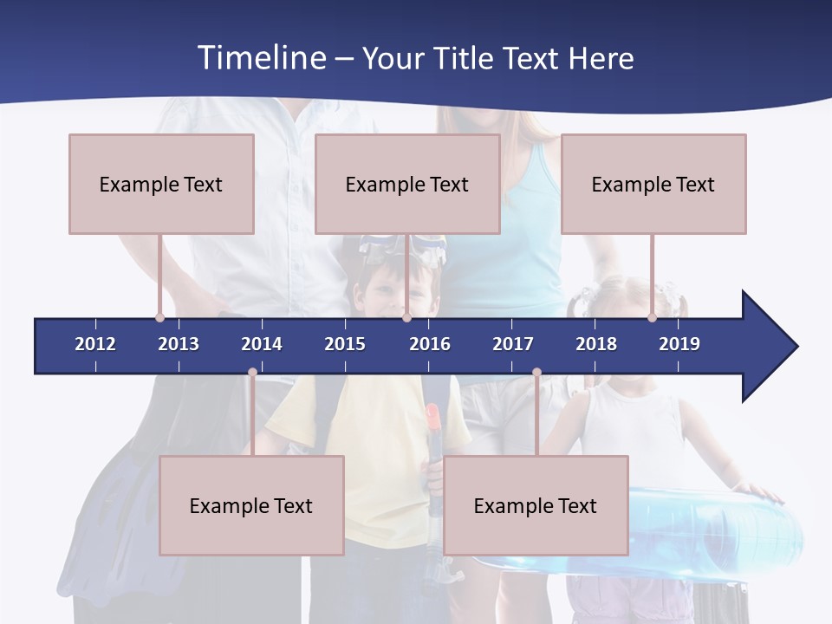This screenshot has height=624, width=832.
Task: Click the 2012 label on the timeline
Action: (95, 344)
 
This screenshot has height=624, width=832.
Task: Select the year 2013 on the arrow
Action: (179, 344)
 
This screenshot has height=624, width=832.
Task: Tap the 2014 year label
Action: (262, 344)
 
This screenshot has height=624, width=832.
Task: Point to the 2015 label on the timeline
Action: (345, 344)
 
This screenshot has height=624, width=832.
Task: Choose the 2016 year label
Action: (430, 344)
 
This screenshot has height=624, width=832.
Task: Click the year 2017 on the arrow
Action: (513, 344)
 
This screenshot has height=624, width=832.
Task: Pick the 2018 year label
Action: (596, 344)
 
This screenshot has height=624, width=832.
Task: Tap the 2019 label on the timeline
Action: (679, 344)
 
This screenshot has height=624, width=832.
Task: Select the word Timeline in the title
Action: (262, 58)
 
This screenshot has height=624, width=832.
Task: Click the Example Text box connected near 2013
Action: (161, 184)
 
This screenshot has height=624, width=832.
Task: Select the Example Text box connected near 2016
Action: (407, 184)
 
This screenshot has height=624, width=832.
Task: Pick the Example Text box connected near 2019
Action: (653, 184)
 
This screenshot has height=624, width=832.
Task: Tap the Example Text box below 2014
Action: (251, 505)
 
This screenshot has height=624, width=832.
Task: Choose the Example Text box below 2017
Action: (536, 505)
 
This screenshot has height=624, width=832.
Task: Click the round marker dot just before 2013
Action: (159, 317)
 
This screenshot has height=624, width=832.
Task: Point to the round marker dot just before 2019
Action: (652, 317)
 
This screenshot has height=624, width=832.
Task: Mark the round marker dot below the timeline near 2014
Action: (252, 373)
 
